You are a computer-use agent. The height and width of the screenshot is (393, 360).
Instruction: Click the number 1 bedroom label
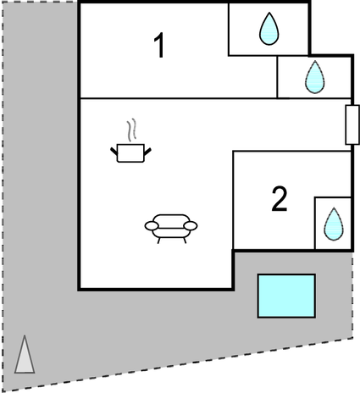(159, 45)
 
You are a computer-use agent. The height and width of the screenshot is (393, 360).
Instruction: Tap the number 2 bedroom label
(280, 199)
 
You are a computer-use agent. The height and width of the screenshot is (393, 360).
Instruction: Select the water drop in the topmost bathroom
(269, 29)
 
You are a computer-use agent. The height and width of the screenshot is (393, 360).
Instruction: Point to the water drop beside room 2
(334, 224)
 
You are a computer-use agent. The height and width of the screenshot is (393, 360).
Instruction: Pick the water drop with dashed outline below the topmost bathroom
(315, 77)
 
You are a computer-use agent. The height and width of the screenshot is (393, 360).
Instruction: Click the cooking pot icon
(130, 152)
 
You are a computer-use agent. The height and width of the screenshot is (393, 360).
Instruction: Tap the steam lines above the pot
(131, 130)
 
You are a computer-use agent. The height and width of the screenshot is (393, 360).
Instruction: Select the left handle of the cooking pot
(114, 152)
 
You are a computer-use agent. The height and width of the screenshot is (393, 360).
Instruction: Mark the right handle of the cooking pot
(147, 152)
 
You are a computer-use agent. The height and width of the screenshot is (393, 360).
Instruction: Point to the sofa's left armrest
(152, 225)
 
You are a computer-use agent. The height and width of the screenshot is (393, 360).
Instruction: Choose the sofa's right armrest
(191, 225)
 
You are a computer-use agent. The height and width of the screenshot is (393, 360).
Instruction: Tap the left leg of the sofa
(158, 241)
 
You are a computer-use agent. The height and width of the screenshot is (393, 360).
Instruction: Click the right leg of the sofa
(185, 241)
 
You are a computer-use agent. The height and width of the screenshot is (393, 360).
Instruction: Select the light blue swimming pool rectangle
(286, 296)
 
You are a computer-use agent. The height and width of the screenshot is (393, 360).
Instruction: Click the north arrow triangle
(25, 354)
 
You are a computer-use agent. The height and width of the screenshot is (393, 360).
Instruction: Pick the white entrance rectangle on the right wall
(352, 125)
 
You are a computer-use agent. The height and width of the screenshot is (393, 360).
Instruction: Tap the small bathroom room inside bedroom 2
(333, 224)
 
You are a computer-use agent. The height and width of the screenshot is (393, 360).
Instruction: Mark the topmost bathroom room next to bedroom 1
(269, 29)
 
